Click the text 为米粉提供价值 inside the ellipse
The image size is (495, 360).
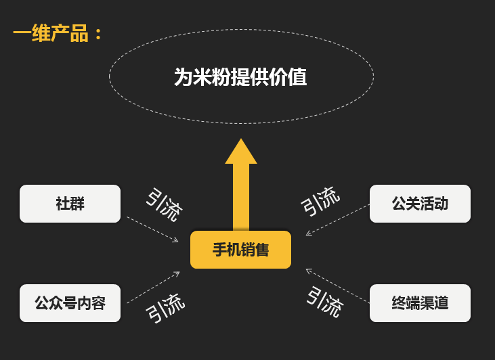[x=240, y=77]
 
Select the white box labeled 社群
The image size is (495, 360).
[x=70, y=204]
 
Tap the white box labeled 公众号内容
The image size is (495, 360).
[x=70, y=303]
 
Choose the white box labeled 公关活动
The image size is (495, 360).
[x=420, y=204]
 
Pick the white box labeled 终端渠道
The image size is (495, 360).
[x=420, y=303]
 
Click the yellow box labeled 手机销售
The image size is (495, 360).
[x=240, y=250]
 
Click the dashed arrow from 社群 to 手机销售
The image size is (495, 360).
[x=152, y=229]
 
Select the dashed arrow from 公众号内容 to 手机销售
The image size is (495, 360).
[x=153, y=288]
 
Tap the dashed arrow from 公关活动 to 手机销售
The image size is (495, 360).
[x=337, y=220]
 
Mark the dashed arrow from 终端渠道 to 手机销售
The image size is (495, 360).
[x=337, y=286]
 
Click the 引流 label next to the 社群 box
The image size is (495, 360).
[x=164, y=205]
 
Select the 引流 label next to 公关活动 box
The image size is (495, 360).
[x=320, y=202]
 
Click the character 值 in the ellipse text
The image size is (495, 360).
[x=297, y=77]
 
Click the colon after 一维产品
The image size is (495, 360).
[x=98, y=34]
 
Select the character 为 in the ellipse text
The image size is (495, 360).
[x=184, y=77]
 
